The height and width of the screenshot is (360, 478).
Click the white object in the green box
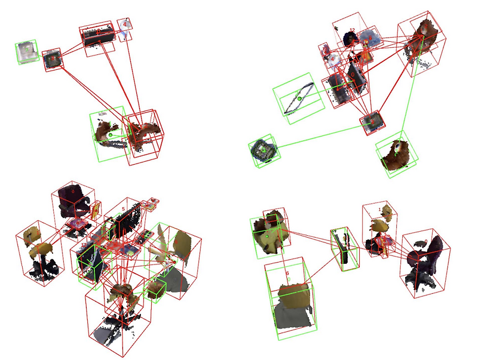coord(26,51)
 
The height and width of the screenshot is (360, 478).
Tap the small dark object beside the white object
coord(53,59)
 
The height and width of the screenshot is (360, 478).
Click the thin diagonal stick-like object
coord(298,99)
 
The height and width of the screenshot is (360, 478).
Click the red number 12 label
coord(353,30)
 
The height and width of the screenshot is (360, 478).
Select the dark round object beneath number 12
coord(350,39)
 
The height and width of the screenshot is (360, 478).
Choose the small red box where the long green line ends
coord(372,121)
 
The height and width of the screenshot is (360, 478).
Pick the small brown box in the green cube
coord(157,290)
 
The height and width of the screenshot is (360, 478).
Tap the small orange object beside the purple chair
coord(96,209)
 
